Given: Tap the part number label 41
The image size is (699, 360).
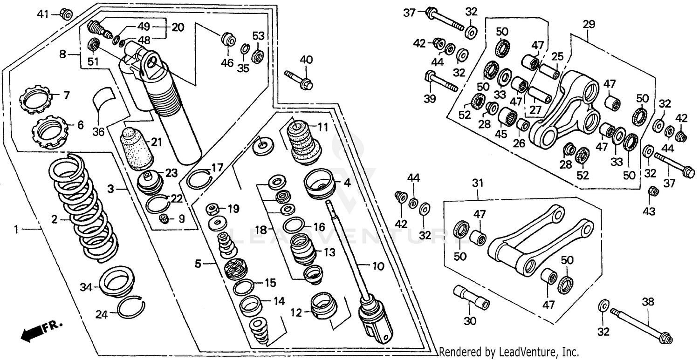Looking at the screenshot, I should pyautogui.click(x=43, y=14).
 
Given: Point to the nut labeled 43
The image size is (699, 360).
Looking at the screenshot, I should pyautogui.click(x=653, y=191).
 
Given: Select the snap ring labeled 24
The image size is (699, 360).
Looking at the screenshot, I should pyautogui.click(x=131, y=308).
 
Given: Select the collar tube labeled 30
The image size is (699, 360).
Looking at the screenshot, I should pyautogui.click(x=471, y=298).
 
